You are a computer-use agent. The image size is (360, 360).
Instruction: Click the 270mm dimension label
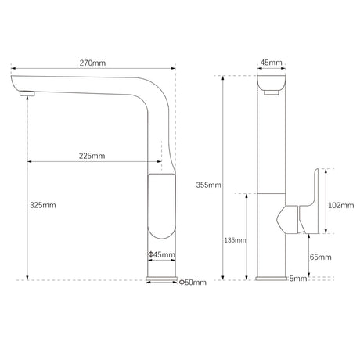92,63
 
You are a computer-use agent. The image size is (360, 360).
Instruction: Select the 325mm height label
43,205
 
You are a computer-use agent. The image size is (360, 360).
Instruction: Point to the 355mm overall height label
208,185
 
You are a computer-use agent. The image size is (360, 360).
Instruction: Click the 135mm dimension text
235,240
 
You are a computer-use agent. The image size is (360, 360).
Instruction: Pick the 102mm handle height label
341,206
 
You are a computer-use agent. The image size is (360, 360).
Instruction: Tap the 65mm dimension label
320,257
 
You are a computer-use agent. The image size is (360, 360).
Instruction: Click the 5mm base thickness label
298,279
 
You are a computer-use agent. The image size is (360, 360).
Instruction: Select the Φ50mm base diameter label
193,283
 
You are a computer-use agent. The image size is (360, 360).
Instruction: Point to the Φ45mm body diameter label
161,254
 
